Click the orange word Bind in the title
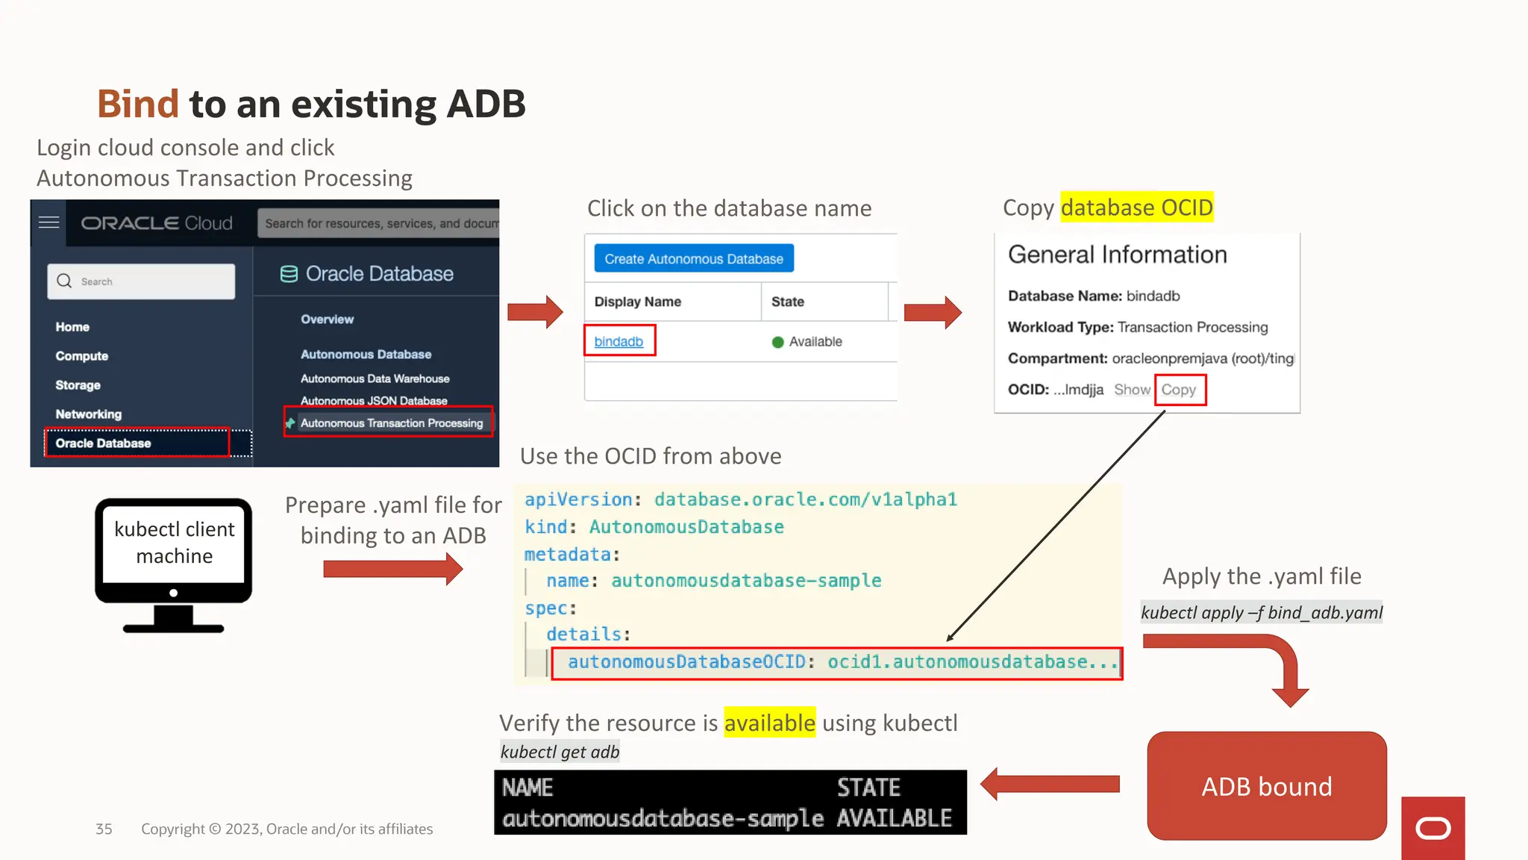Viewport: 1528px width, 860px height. click(x=138, y=104)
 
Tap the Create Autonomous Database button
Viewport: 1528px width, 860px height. click(x=694, y=259)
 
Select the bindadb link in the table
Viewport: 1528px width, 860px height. click(x=619, y=341)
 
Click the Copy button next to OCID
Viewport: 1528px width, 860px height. click(x=1179, y=390)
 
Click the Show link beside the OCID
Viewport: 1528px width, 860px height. click(x=1132, y=390)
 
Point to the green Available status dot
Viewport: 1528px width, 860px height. click(x=777, y=342)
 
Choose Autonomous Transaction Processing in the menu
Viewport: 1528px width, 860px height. click(x=391, y=423)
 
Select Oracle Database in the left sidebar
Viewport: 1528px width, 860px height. click(x=103, y=443)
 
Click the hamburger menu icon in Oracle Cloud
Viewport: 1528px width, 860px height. click(x=49, y=222)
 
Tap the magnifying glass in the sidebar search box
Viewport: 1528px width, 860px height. click(x=65, y=281)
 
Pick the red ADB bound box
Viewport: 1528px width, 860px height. click(x=1266, y=786)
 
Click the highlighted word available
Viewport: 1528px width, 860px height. click(x=769, y=723)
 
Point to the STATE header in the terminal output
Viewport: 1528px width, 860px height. click(x=868, y=788)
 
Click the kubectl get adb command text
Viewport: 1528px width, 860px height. click(x=560, y=752)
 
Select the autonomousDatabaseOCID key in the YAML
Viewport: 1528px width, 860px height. click(x=686, y=662)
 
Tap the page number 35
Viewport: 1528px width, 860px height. click(x=104, y=829)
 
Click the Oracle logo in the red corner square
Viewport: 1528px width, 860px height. click(x=1432, y=829)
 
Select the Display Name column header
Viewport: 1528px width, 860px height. click(x=638, y=302)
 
